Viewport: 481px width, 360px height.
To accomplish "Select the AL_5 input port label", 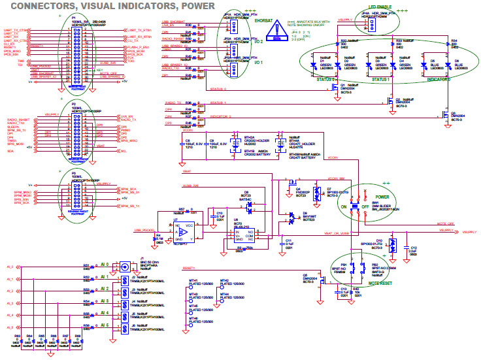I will coord(9,328).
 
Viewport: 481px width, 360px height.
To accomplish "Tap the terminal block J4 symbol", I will coord(124,304).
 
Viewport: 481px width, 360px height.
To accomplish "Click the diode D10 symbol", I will coord(390,247).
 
